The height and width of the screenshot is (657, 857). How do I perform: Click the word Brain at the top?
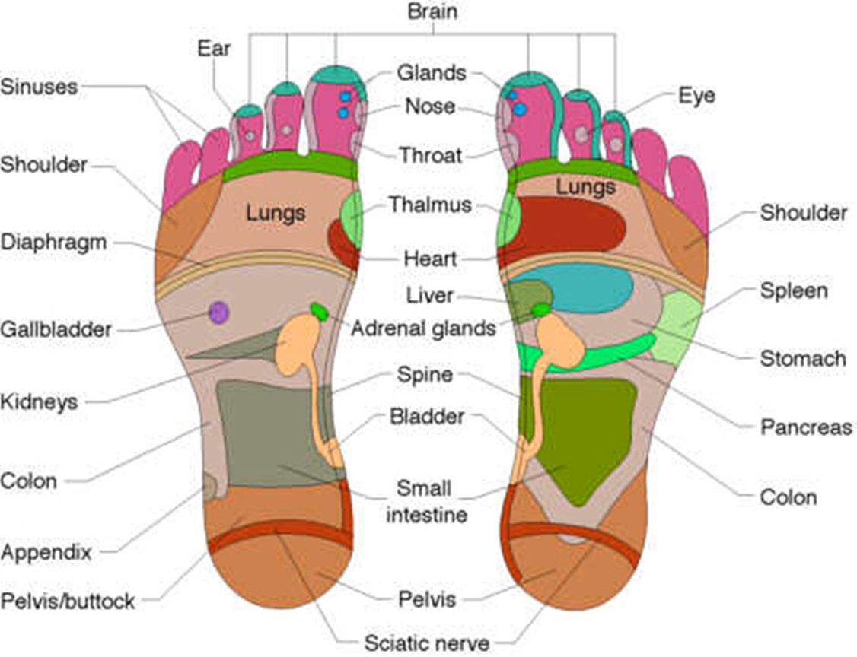coord(433,11)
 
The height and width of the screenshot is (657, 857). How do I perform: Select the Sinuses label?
coord(40,86)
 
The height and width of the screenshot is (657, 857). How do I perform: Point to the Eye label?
coord(696,97)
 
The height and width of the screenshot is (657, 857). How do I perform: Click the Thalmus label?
coord(430,205)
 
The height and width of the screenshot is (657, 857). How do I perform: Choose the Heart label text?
coord(431,259)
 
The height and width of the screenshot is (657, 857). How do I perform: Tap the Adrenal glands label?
coord(422,328)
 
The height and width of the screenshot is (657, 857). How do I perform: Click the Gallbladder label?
coord(56,330)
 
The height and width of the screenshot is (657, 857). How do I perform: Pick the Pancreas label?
coord(806,427)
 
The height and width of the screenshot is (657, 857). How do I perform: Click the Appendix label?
coord(46,552)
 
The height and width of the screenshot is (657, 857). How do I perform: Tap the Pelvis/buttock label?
coord(68,601)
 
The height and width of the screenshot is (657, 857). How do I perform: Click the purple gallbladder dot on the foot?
coord(219,313)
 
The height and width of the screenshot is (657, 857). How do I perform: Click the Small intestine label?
coord(427,501)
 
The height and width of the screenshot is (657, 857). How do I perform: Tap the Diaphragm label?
coord(64,243)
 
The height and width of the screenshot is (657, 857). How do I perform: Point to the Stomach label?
coord(803,357)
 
